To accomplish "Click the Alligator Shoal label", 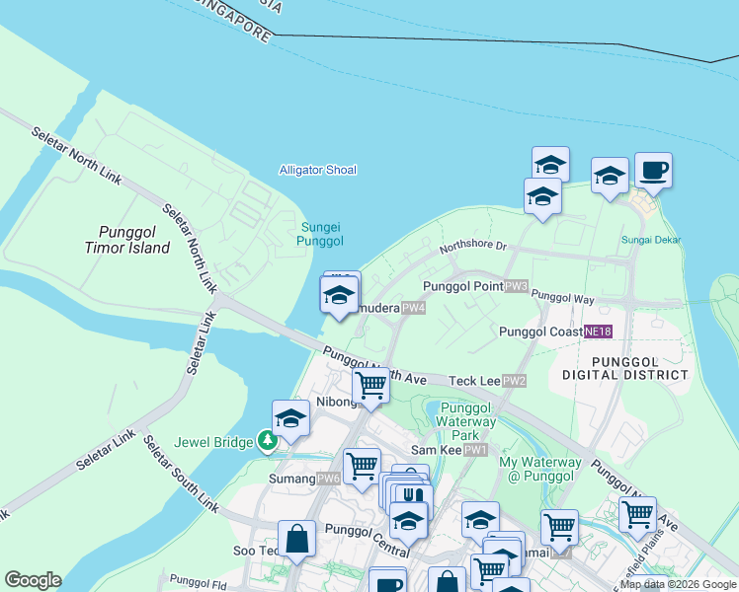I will [x=317, y=170].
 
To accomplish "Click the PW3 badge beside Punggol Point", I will [x=517, y=286].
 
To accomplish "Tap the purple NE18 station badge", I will [x=597, y=332].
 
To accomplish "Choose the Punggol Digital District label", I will [x=624, y=368].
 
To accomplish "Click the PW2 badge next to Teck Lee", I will [x=514, y=381].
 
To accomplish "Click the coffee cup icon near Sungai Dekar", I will [x=653, y=171].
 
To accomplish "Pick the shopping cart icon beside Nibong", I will [x=370, y=385].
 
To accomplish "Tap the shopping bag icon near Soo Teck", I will [x=296, y=539].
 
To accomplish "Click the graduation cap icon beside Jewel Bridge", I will [x=291, y=418].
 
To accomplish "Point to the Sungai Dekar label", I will [x=651, y=240].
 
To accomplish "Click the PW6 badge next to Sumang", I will [x=329, y=479].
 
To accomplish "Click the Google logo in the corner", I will [x=33, y=580].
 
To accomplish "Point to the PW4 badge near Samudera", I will [x=413, y=308].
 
